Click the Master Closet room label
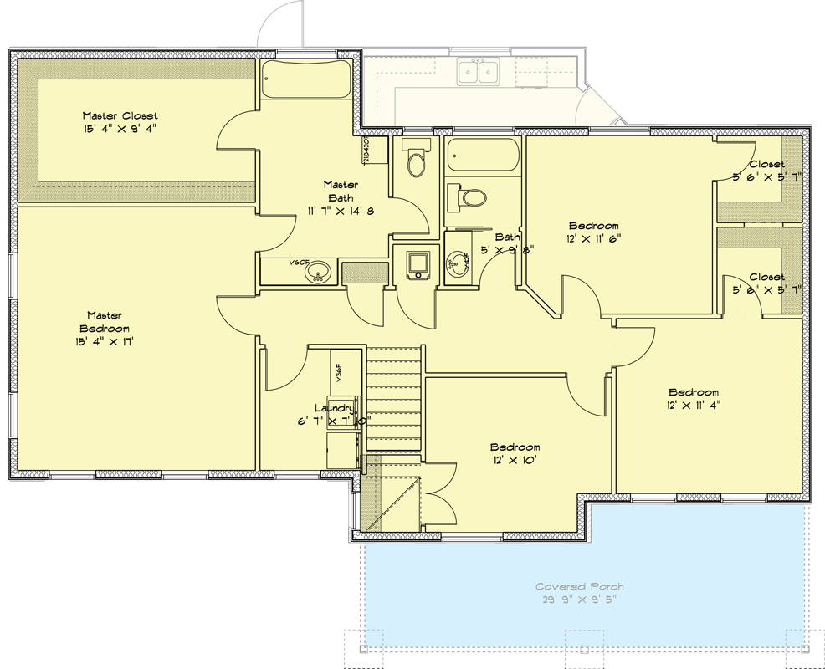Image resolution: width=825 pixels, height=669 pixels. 120,115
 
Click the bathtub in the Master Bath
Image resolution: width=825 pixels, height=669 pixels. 305,82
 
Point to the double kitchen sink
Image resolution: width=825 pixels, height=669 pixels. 479,72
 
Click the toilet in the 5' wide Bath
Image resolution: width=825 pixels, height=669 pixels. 469,197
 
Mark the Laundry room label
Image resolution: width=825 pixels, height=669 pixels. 333,408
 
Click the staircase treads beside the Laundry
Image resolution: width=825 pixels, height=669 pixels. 393,401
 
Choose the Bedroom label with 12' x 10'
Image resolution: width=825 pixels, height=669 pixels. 515,447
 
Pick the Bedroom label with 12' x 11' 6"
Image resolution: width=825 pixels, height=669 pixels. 593,226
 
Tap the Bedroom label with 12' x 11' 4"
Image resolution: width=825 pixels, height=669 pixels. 693,392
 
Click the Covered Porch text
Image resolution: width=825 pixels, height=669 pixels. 580,587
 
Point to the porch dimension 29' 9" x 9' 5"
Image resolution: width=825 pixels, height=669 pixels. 580,600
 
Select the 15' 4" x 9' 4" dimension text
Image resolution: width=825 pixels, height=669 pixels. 120,128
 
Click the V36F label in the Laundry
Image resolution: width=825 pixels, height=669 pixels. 339,372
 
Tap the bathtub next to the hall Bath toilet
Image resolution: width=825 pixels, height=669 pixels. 483,156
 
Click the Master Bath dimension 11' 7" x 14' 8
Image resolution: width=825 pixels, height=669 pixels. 341,212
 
